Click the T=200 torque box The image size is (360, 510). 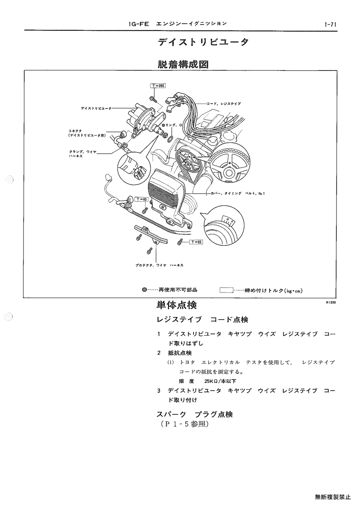(x=158, y=85)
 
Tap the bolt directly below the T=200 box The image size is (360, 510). (x=153, y=98)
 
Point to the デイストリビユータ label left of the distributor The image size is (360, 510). (x=96, y=108)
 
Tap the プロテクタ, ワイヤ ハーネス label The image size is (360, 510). (x=159, y=265)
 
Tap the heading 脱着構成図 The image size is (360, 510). (x=183, y=64)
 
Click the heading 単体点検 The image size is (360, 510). (x=177, y=305)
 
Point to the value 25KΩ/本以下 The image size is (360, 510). (x=220, y=381)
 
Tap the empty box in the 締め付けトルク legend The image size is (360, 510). (x=227, y=290)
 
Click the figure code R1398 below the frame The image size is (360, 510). (x=331, y=302)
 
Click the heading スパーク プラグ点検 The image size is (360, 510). (x=195, y=414)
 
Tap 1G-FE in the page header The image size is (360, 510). (x=138, y=24)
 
